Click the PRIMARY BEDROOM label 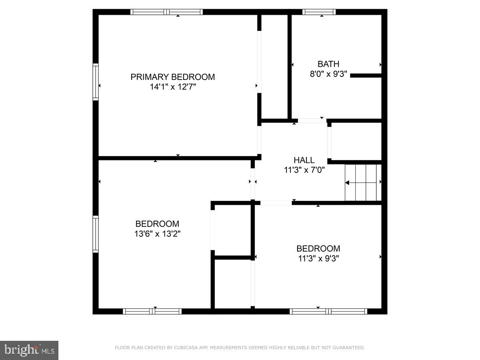tap(172, 77)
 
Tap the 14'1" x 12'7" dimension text tap(172, 87)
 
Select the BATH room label tap(328, 64)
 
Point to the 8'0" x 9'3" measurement tap(328, 74)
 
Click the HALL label tap(304, 160)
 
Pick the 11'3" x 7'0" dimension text tap(304, 170)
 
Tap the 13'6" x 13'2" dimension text tap(157, 234)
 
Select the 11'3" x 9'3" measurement tap(318, 258)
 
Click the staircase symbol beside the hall tap(363, 182)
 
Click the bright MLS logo tap(29, 350)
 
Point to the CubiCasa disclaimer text tap(240, 348)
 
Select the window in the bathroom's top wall tap(319, 12)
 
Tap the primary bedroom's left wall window tap(96, 82)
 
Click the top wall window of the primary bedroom tap(167, 12)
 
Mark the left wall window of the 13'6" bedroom tap(96, 234)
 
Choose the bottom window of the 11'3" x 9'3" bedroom tap(328, 311)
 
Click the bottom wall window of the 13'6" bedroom tap(152, 311)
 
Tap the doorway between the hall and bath tap(312, 120)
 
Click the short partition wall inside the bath tap(366, 75)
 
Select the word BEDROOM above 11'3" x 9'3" tap(318, 248)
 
